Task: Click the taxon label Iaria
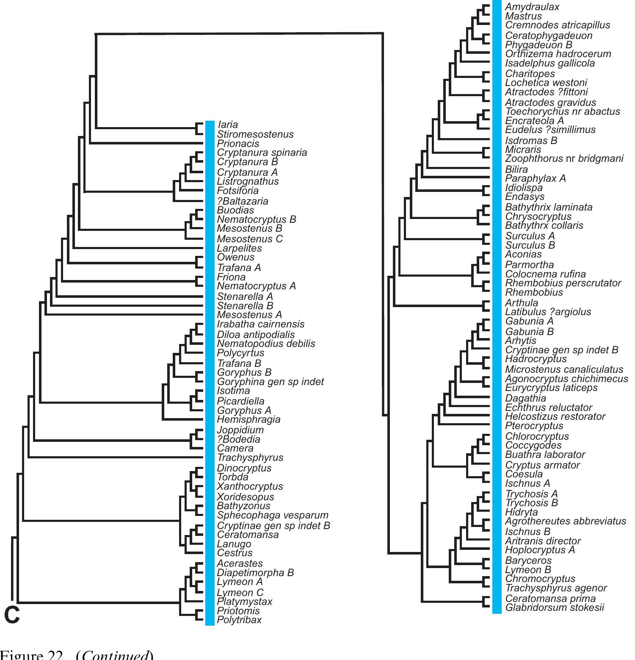[x=228, y=125]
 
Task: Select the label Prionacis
[x=238, y=144]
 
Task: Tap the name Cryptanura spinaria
[x=262, y=153]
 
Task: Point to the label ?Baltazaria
[x=243, y=201]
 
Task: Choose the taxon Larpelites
[x=239, y=248]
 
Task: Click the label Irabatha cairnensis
[x=260, y=324]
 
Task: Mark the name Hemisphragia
[x=248, y=419]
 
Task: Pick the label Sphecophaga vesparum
[x=273, y=515]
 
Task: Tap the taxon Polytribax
[x=239, y=620]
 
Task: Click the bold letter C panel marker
[x=12, y=615]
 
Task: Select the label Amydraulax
[x=532, y=7]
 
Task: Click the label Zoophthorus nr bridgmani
[x=564, y=158]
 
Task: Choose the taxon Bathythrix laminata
[x=549, y=207]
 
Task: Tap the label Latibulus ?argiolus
[x=548, y=312]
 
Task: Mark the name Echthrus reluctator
[x=548, y=408]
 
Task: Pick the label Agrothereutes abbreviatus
[x=565, y=521]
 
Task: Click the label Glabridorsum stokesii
[x=555, y=607]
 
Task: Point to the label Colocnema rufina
[x=545, y=274]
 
